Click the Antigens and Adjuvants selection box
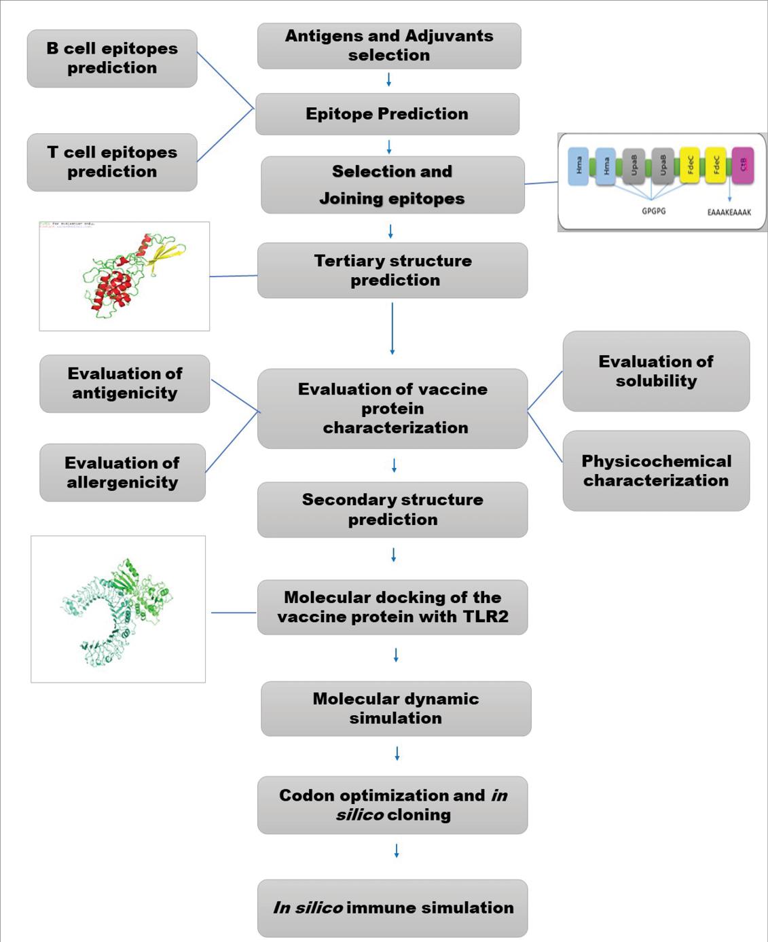(389, 46)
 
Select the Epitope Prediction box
(387, 114)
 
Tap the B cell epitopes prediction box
(112, 58)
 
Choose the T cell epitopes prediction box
(112, 162)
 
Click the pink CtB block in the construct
(743, 166)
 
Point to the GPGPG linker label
(653, 211)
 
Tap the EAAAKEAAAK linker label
(729, 213)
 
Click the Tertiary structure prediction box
(392, 270)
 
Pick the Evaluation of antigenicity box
(124, 384)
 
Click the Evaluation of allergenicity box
(122, 473)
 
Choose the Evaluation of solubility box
(656, 372)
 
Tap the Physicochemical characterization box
(656, 471)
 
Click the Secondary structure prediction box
(392, 509)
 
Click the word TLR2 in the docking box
(485, 617)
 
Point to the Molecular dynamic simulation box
(396, 708)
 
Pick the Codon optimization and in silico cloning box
(392, 805)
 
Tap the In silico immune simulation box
(392, 908)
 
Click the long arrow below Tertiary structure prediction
(392, 329)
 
